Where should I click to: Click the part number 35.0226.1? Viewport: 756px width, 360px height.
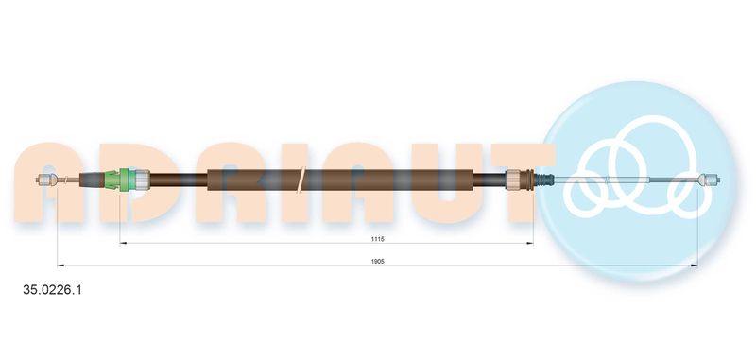[53, 290]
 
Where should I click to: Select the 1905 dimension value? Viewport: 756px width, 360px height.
[377, 261]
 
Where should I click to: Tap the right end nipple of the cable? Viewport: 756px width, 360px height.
[709, 180]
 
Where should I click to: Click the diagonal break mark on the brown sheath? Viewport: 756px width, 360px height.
[301, 180]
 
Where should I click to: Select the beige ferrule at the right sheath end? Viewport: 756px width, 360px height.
[513, 180]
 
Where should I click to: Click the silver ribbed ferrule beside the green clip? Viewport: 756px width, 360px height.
[143, 180]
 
